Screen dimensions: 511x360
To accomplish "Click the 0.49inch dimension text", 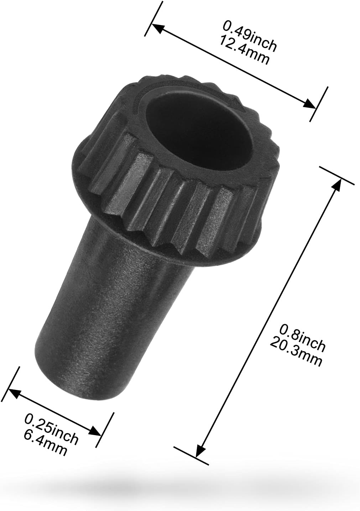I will tap(250, 40).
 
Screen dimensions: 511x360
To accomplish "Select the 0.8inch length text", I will tap(302, 336).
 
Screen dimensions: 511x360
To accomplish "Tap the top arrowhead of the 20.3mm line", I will tap(336, 184).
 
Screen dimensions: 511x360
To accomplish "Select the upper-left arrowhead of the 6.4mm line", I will tap(13, 392).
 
